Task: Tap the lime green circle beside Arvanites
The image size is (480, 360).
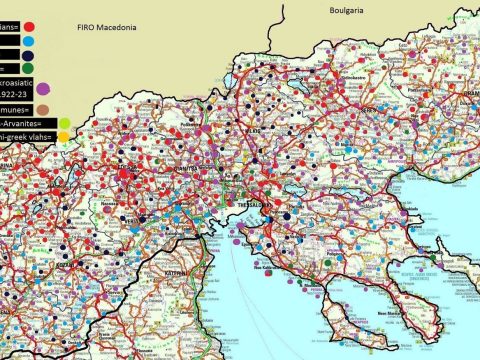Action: (x=65, y=123)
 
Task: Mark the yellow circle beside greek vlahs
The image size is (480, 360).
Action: (x=65, y=140)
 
